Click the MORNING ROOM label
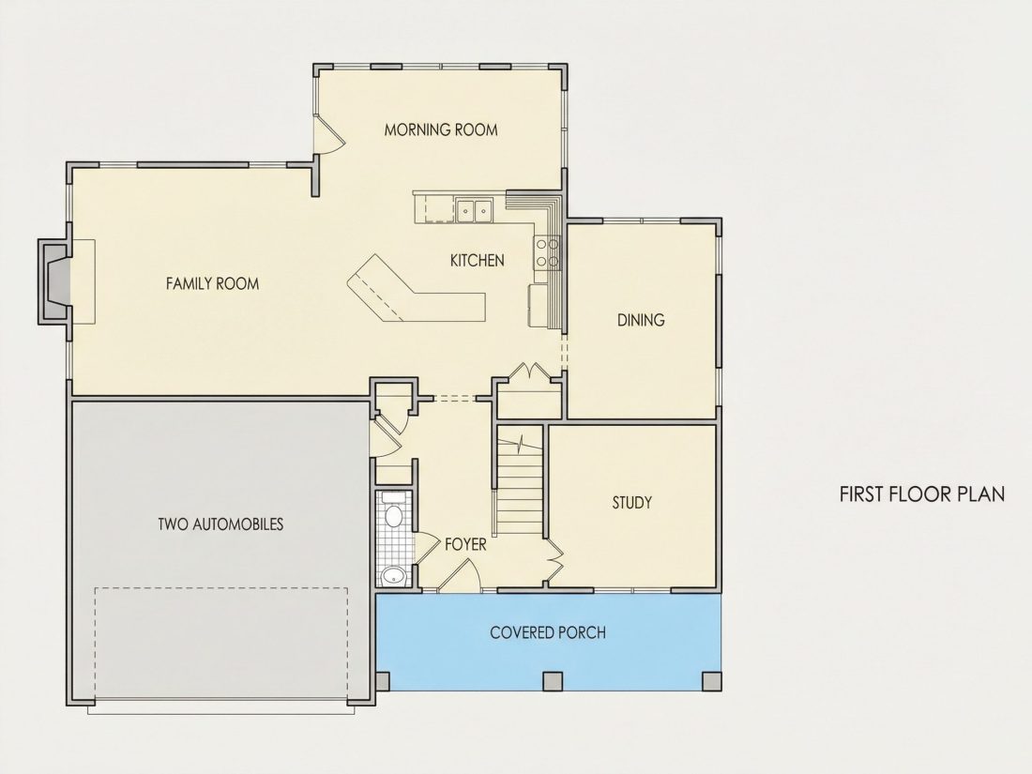[x=441, y=129]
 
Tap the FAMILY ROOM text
[x=213, y=283]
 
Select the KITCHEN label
[x=478, y=261]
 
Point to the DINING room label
[x=641, y=320]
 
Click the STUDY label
[x=631, y=503]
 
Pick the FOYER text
[x=465, y=544]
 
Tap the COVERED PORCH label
[x=548, y=632]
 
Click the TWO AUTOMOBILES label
[x=220, y=524]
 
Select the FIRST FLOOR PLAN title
[x=922, y=494]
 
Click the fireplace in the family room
[x=56, y=281]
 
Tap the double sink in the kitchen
[x=475, y=210]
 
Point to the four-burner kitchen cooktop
[x=547, y=252]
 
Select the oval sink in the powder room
[x=394, y=576]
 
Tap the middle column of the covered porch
[x=553, y=680]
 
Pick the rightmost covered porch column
[x=711, y=680]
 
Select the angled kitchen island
[x=416, y=289]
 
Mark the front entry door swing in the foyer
[x=460, y=574]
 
